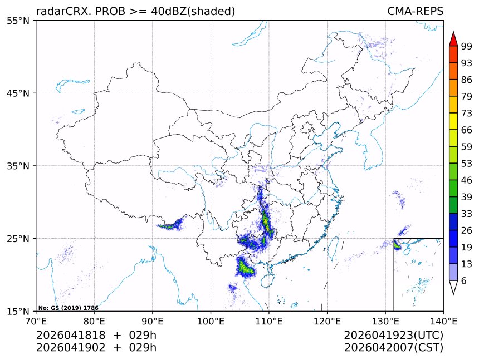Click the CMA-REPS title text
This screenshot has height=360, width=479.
click(x=415, y=12)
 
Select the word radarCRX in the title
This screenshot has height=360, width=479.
click(x=58, y=12)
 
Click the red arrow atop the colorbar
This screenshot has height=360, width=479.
click(x=453, y=38)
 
